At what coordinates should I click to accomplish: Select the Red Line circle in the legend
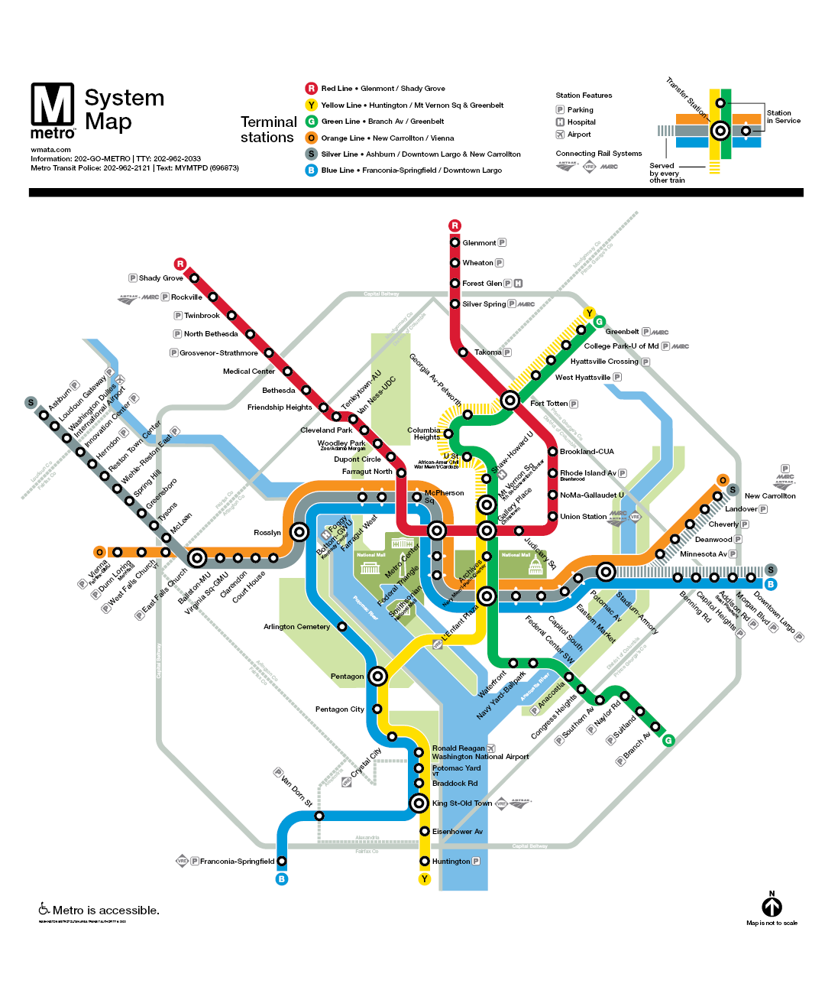(312, 89)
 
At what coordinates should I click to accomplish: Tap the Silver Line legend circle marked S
(312, 154)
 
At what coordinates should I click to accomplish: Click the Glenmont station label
(479, 243)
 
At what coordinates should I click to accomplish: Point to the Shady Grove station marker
(194, 278)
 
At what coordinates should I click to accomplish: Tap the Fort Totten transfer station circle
(510, 400)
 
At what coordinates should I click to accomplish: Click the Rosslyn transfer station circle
(299, 532)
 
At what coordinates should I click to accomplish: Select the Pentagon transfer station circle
(377, 676)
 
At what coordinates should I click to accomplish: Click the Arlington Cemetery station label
(296, 627)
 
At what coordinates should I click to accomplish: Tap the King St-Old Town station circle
(419, 803)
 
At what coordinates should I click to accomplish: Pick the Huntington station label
(451, 862)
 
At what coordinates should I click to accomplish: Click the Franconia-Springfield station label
(237, 862)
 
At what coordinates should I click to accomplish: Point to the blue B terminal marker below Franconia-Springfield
(282, 879)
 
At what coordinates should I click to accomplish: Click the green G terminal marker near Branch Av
(668, 740)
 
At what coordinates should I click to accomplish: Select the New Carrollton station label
(770, 496)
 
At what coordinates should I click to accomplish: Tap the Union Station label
(584, 517)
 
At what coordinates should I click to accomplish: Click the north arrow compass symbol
(772, 906)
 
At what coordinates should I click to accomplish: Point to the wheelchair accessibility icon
(44, 909)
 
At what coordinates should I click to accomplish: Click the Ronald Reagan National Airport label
(480, 753)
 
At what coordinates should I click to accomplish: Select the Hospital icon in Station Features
(560, 122)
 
